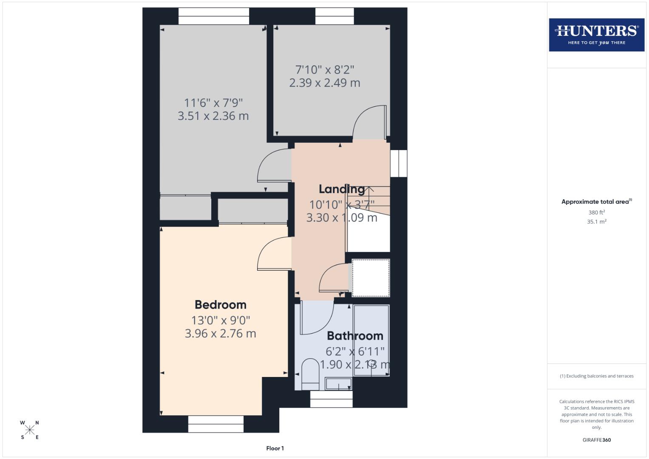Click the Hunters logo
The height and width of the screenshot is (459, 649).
pos(596,34)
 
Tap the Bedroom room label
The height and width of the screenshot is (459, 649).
pos(220,305)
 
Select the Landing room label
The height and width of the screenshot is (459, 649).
pos(342,189)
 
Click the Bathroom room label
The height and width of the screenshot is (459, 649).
pos(355,336)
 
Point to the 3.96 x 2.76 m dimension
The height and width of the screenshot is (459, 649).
pos(220,334)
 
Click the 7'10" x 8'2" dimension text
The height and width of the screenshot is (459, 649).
pos(325,69)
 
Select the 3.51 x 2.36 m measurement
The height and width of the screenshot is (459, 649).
pos(213,116)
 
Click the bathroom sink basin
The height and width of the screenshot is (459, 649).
pos(338,384)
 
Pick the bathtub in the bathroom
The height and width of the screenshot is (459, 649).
pos(371,340)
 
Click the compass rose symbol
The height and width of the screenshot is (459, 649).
pos(30,430)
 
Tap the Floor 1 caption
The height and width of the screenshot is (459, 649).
pos(275,448)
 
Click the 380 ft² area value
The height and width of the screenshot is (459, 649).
pos(596,212)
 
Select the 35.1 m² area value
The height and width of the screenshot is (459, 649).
pos(596,221)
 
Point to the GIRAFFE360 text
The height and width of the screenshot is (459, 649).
pos(596,440)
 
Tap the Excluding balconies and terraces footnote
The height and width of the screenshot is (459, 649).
pos(596,376)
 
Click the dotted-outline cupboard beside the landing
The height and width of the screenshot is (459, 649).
pos(371,278)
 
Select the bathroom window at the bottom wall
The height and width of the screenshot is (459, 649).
pos(331,399)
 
